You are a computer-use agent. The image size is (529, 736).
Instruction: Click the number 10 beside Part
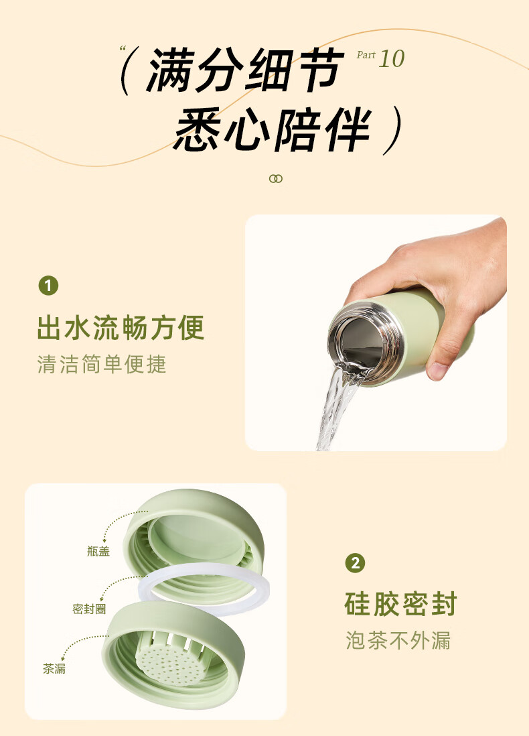(392, 60)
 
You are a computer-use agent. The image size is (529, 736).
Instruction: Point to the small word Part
(366, 55)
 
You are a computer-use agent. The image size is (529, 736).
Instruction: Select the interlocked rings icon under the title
(276, 178)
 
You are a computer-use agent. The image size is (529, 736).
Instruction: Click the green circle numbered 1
(48, 286)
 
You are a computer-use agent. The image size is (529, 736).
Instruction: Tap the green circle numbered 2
(355, 563)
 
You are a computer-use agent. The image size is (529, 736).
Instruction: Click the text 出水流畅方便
(121, 328)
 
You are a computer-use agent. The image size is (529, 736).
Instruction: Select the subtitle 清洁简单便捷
(102, 364)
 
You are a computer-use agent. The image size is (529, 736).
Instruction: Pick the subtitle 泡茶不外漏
(398, 640)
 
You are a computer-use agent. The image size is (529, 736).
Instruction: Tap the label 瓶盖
(98, 551)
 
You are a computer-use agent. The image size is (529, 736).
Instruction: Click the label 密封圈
(89, 609)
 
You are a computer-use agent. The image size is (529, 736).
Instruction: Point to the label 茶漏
(54, 668)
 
